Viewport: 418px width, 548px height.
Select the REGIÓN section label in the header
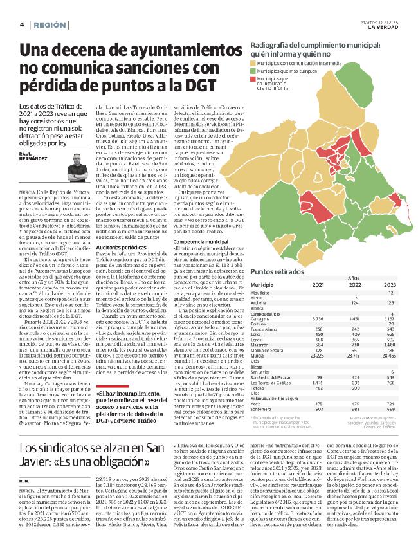pos(50,24)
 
